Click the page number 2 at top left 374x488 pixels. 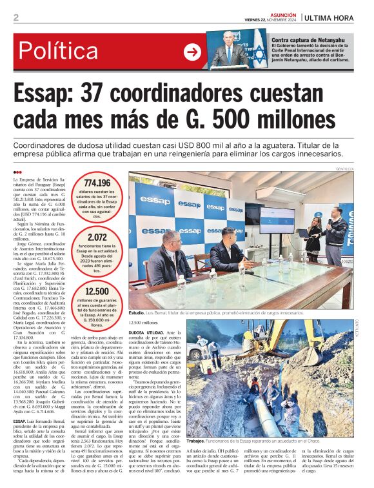[x=16, y=17]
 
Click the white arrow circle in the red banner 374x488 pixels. [x=192, y=52]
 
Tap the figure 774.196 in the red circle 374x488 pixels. [x=97, y=183]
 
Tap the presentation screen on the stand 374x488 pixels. [x=277, y=219]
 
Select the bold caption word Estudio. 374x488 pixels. [x=137, y=313]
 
